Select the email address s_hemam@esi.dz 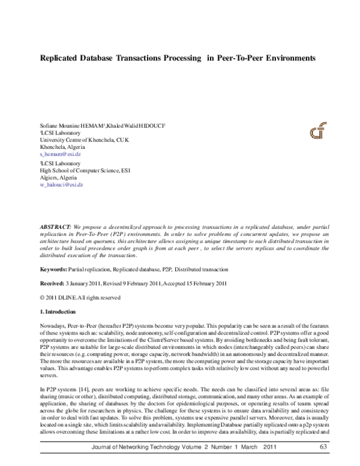(60, 154)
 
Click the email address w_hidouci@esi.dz (61, 185)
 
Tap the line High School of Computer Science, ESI (85, 170)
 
